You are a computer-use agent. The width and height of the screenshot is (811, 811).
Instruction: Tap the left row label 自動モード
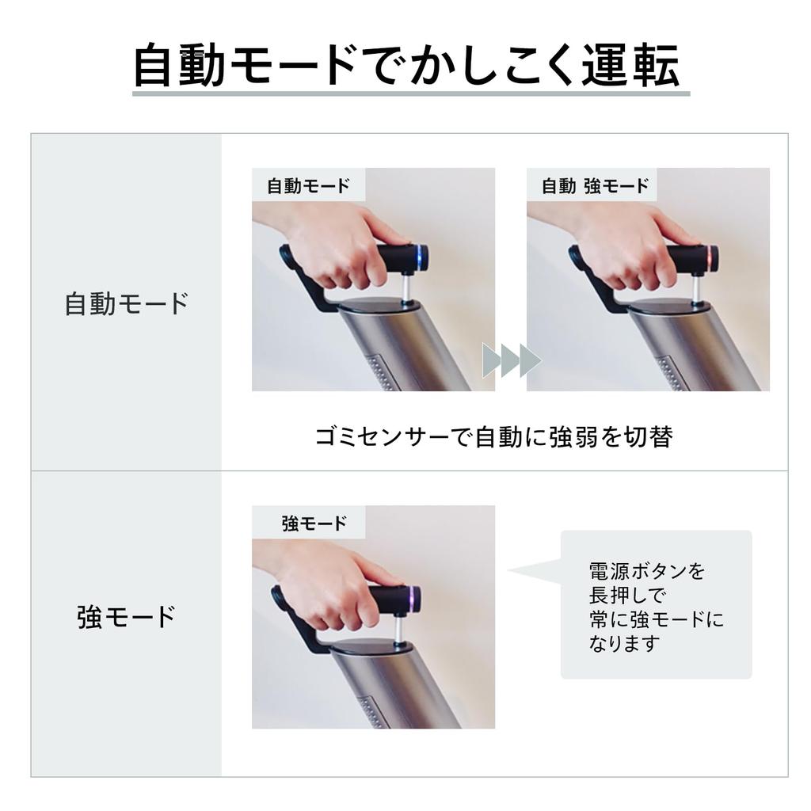pos(127,303)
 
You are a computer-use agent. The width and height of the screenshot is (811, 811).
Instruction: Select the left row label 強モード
pos(127,617)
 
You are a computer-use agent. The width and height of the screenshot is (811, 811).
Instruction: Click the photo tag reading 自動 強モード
pos(595,186)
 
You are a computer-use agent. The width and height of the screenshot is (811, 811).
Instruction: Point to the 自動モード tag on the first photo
pos(308,186)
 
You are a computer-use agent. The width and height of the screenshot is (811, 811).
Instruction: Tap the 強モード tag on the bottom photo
pos(314,524)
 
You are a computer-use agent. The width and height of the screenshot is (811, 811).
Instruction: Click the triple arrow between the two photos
pos(511,361)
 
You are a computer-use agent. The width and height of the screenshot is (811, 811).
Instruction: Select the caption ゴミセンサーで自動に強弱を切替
pos(493,437)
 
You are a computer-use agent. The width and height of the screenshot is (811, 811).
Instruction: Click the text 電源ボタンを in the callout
pos(646,570)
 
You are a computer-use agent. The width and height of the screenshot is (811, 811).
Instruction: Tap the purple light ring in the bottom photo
pos(411,600)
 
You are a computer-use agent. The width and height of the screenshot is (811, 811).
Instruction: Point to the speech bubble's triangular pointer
pos(535,571)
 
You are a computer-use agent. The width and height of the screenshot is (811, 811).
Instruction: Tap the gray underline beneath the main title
pos(409,93)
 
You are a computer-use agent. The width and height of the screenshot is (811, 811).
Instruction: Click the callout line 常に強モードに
pos(656,619)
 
